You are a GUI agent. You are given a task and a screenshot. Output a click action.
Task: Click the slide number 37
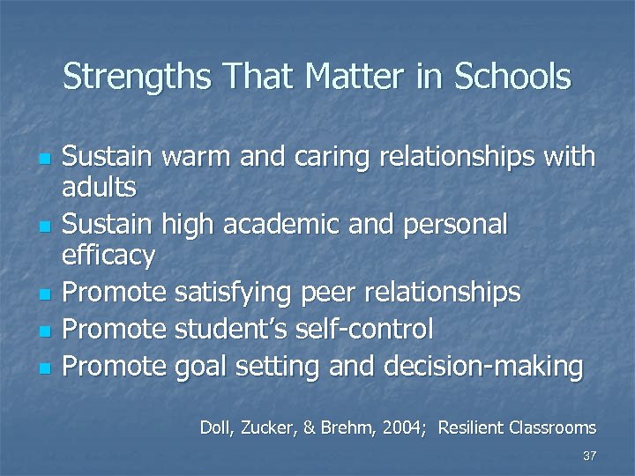pos(589,456)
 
